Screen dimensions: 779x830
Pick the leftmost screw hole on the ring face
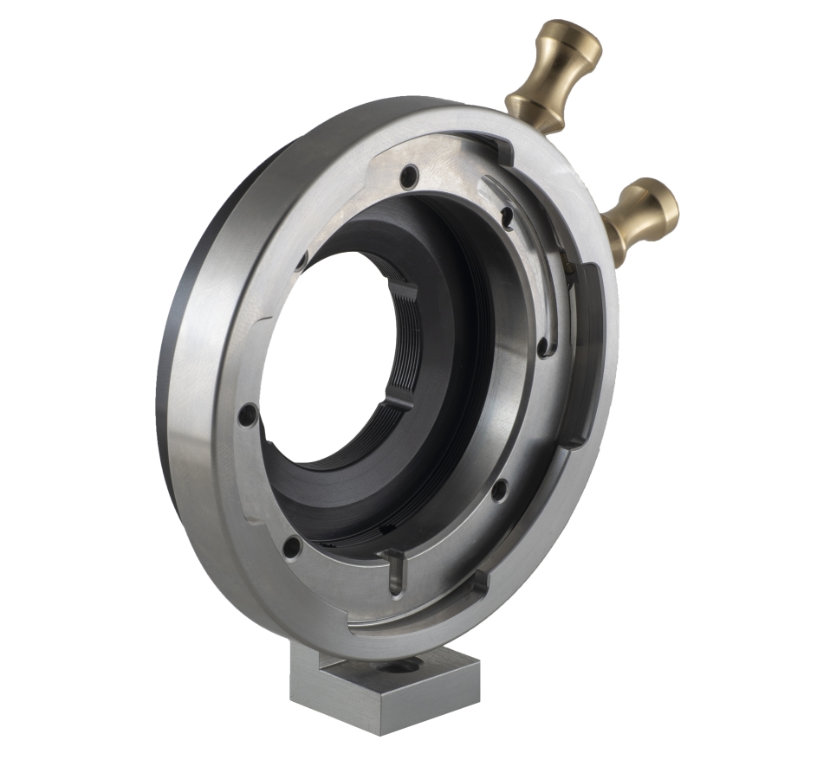click(x=248, y=415)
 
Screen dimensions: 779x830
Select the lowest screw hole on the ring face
click(x=293, y=546)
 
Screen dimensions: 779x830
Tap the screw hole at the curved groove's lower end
click(x=543, y=348)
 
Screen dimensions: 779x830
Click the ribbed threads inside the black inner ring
click(x=414, y=346)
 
